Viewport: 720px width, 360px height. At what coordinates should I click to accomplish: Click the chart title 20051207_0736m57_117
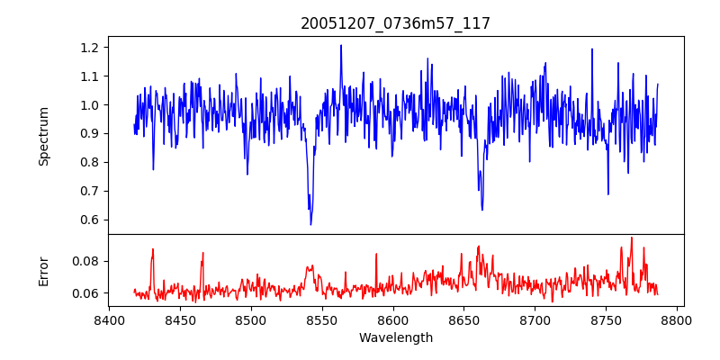click(x=395, y=23)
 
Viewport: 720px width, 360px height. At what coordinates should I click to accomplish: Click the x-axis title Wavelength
click(x=395, y=337)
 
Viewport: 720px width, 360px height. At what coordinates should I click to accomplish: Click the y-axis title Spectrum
click(x=43, y=136)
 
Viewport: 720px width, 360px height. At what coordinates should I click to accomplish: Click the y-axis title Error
click(x=43, y=271)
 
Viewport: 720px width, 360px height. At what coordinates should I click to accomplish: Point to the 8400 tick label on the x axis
click(x=109, y=319)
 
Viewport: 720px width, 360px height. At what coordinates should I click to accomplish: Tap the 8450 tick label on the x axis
click(x=180, y=319)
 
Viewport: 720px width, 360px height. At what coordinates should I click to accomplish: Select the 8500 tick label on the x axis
click(x=251, y=319)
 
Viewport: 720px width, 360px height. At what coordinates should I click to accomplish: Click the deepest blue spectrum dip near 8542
click(x=310, y=224)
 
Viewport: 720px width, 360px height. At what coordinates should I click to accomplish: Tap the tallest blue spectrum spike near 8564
click(x=341, y=45)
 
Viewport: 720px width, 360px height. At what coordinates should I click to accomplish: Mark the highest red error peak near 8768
click(x=632, y=238)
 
